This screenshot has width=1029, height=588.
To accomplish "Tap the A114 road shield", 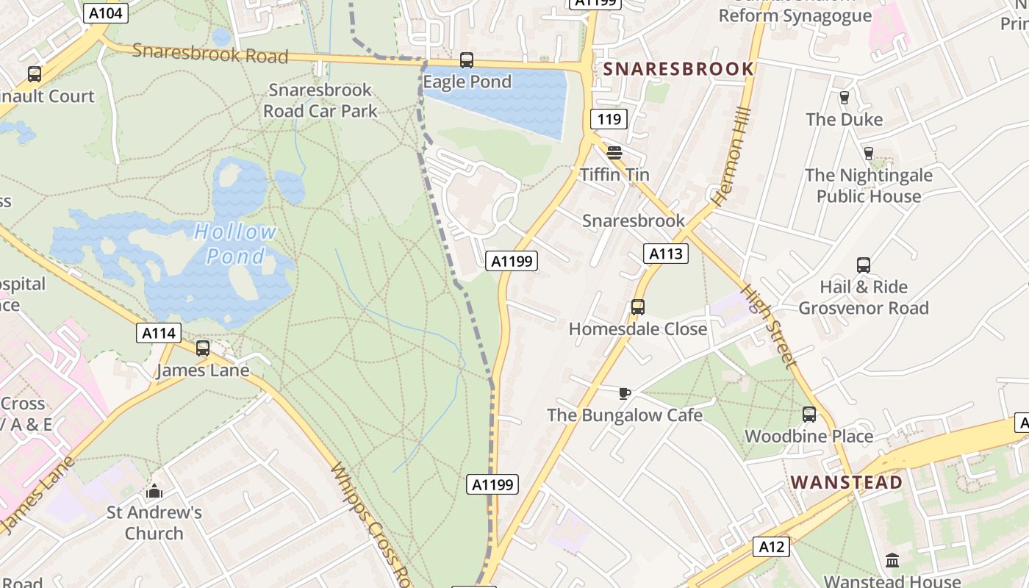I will click(x=159, y=333).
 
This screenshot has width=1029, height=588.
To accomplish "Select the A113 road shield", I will click(x=666, y=254).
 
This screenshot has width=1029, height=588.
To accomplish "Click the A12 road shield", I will click(x=771, y=547).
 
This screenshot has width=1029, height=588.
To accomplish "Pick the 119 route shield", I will click(x=609, y=119).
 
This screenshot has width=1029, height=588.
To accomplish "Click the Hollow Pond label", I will click(x=235, y=244).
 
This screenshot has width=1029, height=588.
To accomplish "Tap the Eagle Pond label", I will click(x=467, y=82).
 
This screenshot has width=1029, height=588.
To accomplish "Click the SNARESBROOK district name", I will click(x=678, y=69).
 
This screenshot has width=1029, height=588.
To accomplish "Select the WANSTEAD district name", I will click(x=846, y=483).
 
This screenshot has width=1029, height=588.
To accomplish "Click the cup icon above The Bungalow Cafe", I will click(x=625, y=394).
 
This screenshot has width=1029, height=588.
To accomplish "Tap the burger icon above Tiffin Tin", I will click(x=614, y=153).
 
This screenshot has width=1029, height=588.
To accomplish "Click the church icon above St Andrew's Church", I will click(x=154, y=491).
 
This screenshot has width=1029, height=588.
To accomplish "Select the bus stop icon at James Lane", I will click(x=203, y=348).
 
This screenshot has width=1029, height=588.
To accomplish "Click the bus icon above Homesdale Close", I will click(x=638, y=307).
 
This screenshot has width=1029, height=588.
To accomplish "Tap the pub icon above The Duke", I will click(x=844, y=98).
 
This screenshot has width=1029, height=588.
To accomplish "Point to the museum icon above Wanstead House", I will click(x=892, y=561).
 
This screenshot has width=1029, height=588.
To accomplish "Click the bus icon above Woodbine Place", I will click(x=809, y=415).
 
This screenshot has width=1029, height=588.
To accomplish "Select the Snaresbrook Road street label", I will click(x=210, y=54).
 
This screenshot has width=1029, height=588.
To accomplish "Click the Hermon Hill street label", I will click(x=732, y=155).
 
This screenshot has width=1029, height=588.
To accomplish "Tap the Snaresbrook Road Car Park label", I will click(x=320, y=101).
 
